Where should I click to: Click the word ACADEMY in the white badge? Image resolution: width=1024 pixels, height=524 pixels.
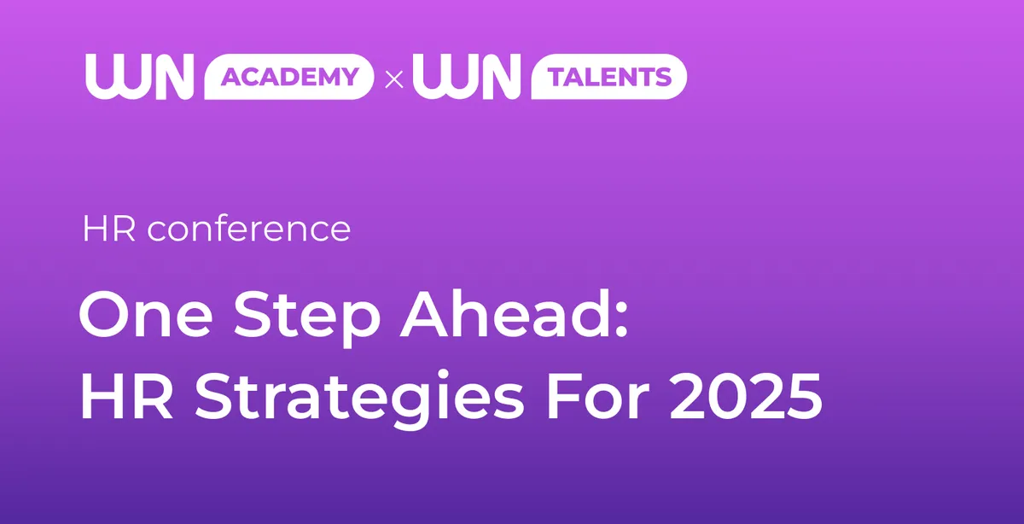point(290,76)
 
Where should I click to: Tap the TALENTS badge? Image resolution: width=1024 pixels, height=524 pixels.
point(609,76)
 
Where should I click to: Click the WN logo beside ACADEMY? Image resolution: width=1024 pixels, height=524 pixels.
point(139,76)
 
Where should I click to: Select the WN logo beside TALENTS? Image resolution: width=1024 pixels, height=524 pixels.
point(467,76)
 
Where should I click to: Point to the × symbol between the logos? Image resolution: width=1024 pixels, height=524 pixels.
point(394,79)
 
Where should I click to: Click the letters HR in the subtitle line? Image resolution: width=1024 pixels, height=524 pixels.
point(109,229)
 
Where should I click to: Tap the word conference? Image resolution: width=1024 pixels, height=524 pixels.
point(249,229)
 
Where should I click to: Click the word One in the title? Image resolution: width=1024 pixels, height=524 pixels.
point(146,316)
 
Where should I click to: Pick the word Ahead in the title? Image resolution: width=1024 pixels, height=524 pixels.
point(504,315)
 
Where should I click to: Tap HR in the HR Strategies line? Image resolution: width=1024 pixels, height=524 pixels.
point(126,395)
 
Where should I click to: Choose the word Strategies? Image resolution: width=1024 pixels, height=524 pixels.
point(360,399)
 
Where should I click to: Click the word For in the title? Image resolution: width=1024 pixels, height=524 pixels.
point(598,395)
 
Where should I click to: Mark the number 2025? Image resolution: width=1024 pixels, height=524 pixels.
point(746,395)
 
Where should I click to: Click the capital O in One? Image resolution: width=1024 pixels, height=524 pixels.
point(105,315)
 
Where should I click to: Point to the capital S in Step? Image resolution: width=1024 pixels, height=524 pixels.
point(252,315)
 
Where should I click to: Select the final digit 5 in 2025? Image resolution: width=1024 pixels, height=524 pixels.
point(804,396)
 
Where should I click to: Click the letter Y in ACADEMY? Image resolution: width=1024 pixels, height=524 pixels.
point(349,76)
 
